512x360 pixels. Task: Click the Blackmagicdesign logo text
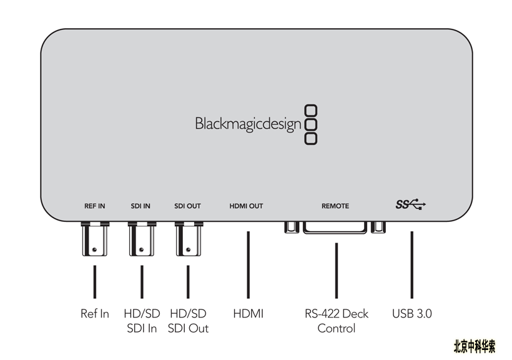coord(248,124)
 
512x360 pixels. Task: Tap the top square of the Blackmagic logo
coord(310,111)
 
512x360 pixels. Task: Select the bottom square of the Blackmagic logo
coord(310,139)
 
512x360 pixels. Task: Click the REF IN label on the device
coord(95,206)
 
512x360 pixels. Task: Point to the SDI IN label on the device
coord(140,206)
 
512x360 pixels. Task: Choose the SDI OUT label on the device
coord(187,206)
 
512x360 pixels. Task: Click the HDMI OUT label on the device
coord(246,206)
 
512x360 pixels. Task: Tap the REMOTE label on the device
coord(335,206)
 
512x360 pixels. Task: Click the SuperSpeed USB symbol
coord(411,204)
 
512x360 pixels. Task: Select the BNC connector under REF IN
coord(95,239)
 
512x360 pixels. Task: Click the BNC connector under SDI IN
coord(142,239)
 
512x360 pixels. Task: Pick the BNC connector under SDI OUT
coord(189,239)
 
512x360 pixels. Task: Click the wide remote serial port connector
coord(335,227)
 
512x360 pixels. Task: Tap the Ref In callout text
coord(95,314)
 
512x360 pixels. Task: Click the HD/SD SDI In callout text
coord(142,321)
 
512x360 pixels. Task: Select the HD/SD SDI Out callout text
coord(188,321)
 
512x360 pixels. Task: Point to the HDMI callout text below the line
coord(248,314)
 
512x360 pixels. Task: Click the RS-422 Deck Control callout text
coord(337,321)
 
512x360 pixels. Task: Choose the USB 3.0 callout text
coord(411,314)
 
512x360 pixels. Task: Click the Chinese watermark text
coord(475,346)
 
